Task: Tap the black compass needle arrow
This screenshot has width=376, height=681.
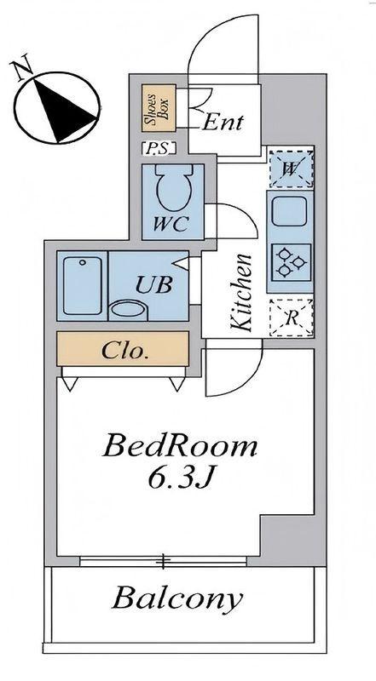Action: [61, 110]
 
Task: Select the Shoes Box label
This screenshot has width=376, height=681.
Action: [159, 108]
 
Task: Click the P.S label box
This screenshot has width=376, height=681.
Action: [159, 148]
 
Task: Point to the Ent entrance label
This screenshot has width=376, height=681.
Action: [223, 123]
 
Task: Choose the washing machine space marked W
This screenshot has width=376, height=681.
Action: [291, 169]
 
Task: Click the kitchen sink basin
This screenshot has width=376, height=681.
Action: [289, 210]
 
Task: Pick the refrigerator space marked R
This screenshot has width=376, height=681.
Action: [291, 318]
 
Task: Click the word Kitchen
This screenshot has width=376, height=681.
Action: [241, 292]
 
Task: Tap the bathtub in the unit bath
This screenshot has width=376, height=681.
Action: [82, 285]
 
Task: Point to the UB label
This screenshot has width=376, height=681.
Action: [154, 285]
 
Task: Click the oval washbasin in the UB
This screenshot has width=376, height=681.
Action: [130, 311]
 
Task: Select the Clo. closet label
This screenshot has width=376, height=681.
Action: [124, 351]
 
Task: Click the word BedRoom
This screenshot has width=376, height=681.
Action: [179, 448]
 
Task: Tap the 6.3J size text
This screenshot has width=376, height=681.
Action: [181, 478]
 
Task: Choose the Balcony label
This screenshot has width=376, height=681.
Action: [176, 600]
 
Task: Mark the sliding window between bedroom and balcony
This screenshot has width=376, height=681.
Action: [163, 561]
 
